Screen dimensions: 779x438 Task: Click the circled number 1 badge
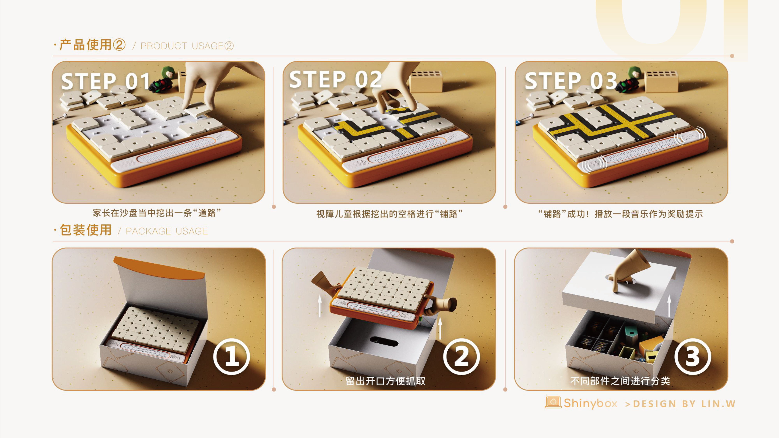232,356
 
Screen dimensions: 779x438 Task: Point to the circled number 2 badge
461,356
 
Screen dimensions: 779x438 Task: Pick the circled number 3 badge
693,356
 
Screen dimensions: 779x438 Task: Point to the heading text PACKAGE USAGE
167,231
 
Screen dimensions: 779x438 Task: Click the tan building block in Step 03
661,81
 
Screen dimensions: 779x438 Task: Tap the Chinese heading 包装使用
86,230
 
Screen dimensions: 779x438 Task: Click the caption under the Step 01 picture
157,213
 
